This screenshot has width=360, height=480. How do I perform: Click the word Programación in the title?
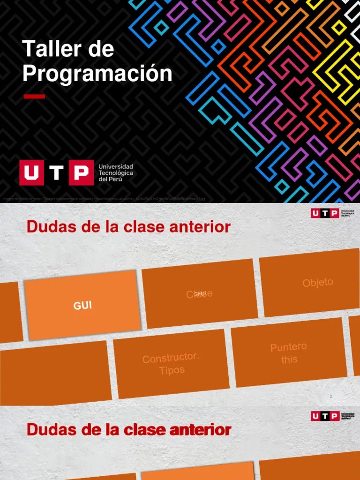click(x=97, y=74)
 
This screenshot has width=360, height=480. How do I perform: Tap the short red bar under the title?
click(x=34, y=97)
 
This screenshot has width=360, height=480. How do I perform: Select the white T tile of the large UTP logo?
click(x=56, y=172)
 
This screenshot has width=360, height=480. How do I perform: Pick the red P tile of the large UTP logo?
click(x=81, y=172)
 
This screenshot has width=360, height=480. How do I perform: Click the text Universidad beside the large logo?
click(x=115, y=167)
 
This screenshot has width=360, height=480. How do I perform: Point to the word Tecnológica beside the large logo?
click(x=115, y=173)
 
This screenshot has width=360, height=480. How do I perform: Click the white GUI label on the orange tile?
click(x=82, y=306)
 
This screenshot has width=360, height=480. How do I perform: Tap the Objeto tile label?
click(x=318, y=283)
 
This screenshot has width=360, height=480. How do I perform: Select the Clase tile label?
click(x=200, y=294)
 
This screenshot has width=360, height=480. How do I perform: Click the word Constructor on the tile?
click(x=171, y=359)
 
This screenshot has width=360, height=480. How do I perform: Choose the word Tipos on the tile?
click(x=172, y=370)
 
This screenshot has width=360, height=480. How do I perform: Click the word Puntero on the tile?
click(x=288, y=347)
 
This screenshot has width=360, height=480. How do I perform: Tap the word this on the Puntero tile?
click(x=289, y=360)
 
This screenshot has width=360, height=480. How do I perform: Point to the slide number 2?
click(x=331, y=397)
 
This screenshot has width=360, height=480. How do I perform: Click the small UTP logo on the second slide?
click(x=325, y=214)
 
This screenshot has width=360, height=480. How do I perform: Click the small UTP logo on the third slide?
click(x=325, y=416)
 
